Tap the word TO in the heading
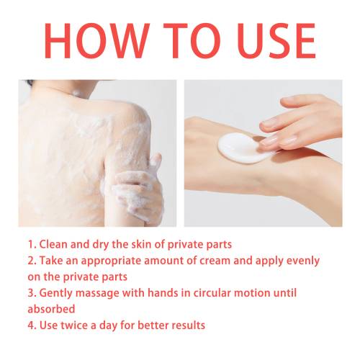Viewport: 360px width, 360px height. tap(192, 41)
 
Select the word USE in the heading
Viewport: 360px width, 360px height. tap(276, 41)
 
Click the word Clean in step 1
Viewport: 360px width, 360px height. tap(53, 244)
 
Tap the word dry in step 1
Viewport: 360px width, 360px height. tap(101, 246)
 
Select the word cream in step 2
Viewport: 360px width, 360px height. tap(215, 261)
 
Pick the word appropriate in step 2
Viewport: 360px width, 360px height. tap(111, 261)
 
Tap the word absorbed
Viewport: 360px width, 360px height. tap(51, 309)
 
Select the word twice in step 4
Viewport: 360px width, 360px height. tap(72, 325)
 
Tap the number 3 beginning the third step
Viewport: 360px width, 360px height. tap(31, 293)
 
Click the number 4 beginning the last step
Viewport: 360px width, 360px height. tap(31, 325)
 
